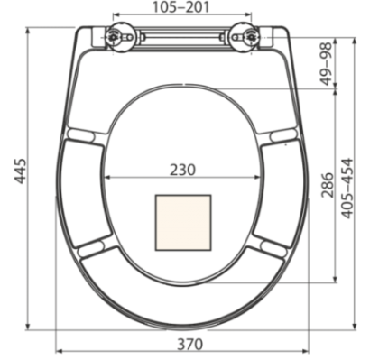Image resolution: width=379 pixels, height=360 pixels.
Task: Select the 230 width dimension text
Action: tap(183, 167)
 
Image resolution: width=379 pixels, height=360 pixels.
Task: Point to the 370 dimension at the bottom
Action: tap(189, 344)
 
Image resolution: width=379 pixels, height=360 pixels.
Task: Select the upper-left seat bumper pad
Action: tap(81, 135)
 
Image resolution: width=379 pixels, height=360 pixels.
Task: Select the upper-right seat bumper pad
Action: tap(284, 135)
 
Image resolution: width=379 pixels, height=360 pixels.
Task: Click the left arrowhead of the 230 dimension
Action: tap(109, 177)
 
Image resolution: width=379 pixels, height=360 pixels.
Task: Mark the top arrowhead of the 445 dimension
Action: tap(30, 29)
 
